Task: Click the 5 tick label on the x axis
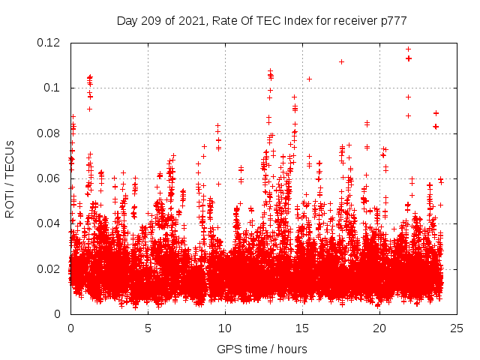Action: tap(148, 328)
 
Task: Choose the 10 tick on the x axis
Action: tap(225, 328)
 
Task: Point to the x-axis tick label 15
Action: tap(302, 328)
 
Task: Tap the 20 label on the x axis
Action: tap(379, 328)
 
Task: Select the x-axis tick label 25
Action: tap(457, 328)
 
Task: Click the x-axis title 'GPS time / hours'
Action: tap(262, 349)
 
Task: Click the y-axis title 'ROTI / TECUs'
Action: tap(10, 178)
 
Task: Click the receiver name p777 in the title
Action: tap(392, 20)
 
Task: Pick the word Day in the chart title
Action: tap(127, 20)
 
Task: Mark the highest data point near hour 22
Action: tap(408, 49)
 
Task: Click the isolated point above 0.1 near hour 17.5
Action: tap(341, 61)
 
